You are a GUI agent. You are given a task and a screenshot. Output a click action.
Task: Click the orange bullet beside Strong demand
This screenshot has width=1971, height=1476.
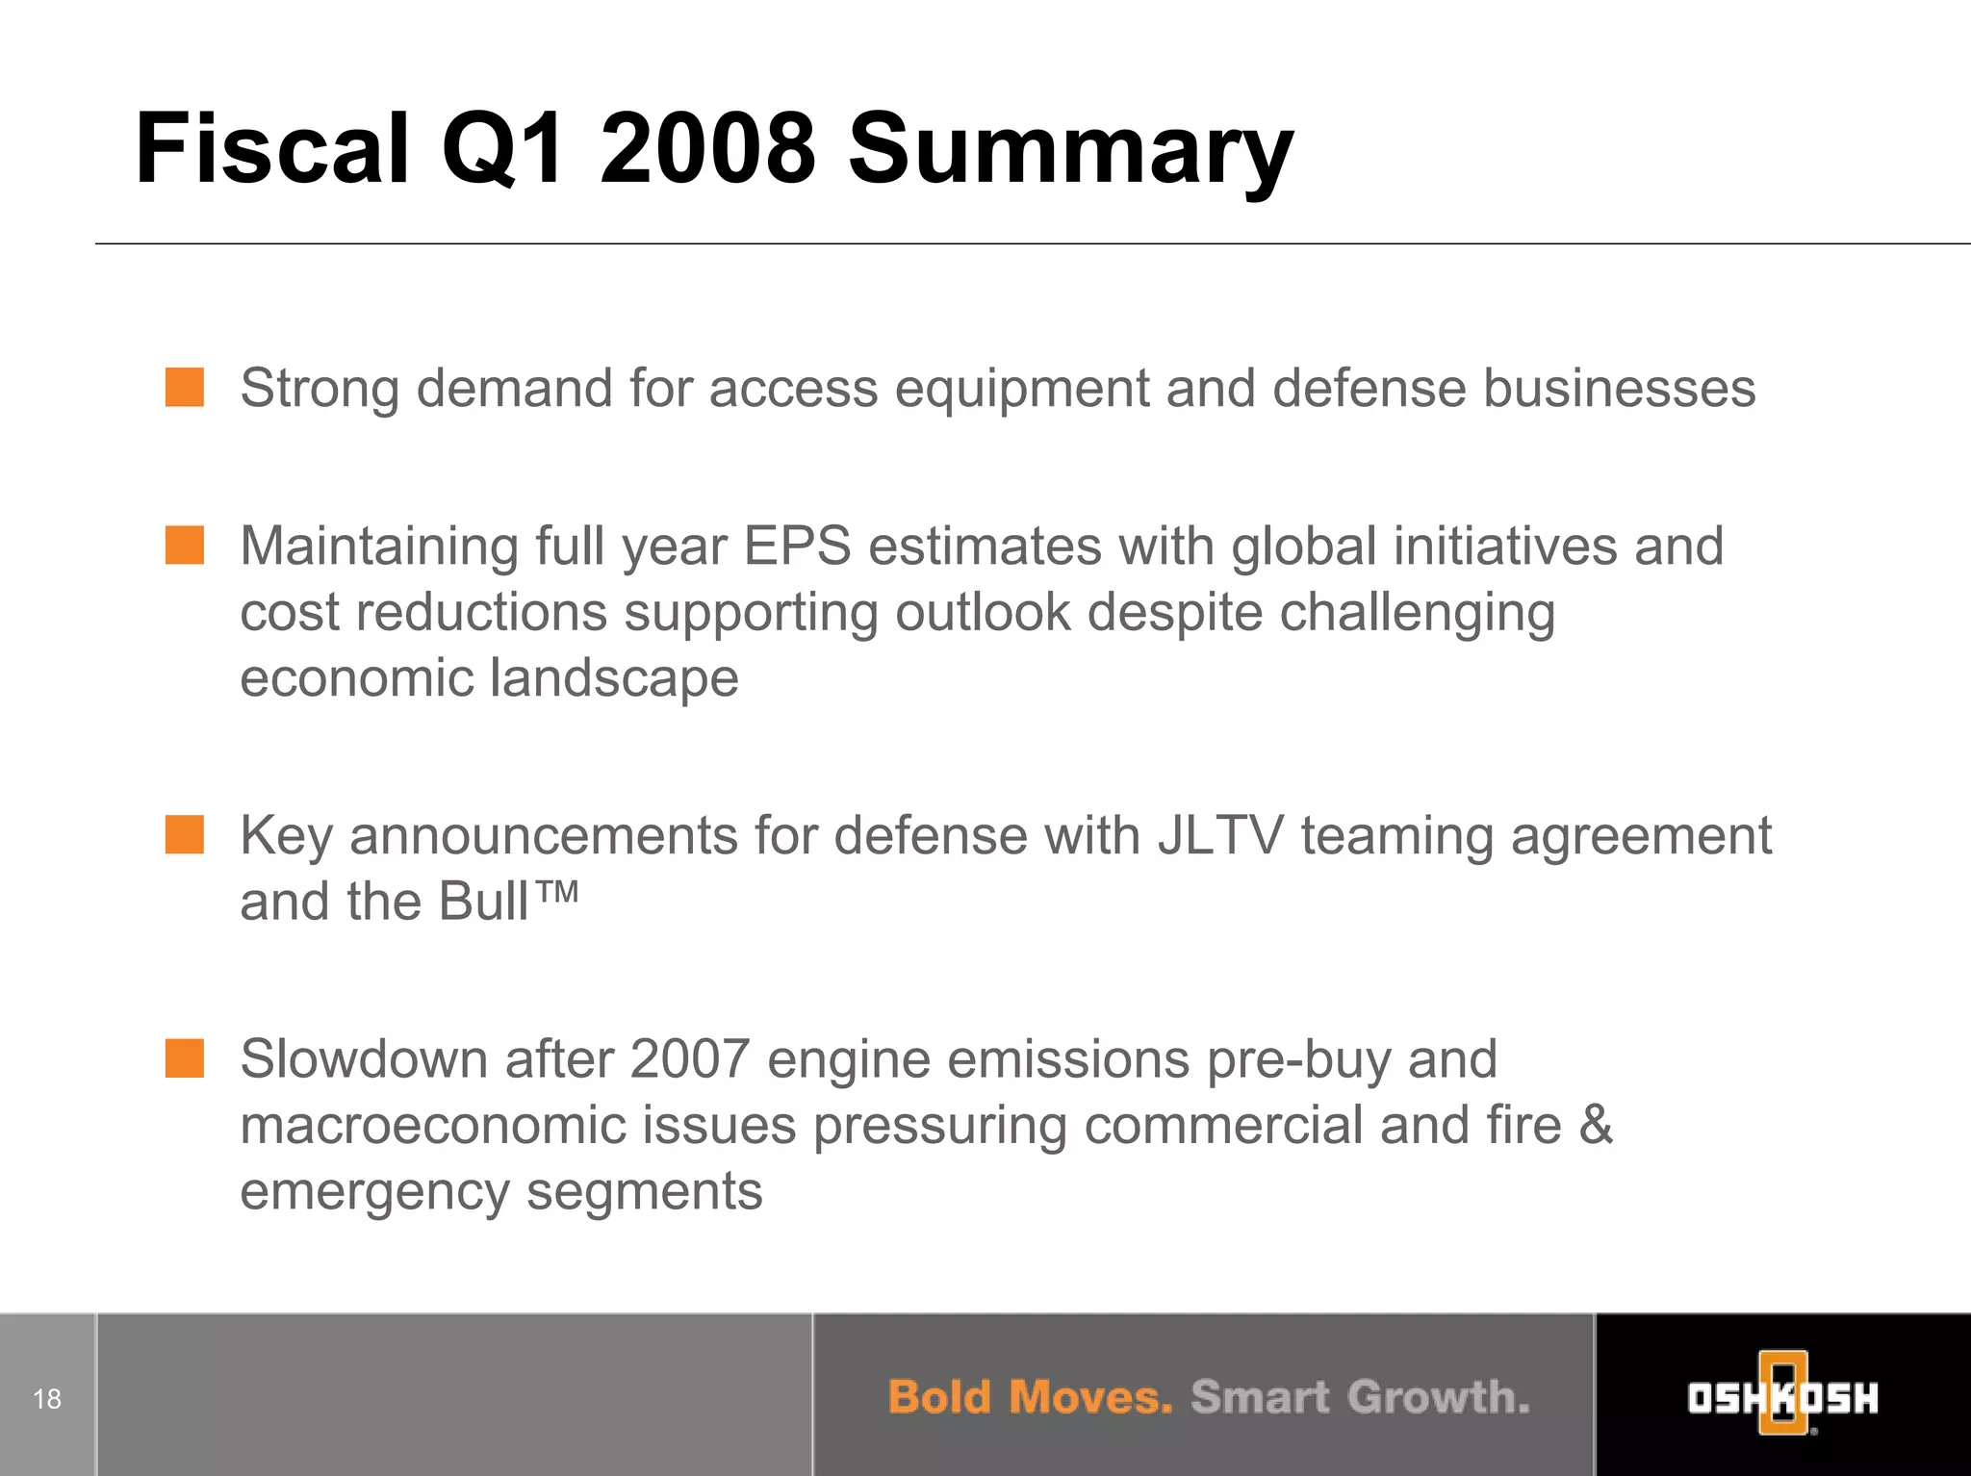click(184, 388)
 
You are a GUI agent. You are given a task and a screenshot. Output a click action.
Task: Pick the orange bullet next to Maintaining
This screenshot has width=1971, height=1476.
click(184, 545)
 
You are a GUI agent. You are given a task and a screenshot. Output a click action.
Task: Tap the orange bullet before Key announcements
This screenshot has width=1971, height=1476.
click(184, 834)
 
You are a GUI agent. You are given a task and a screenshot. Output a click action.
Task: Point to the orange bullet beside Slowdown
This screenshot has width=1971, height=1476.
click(184, 1058)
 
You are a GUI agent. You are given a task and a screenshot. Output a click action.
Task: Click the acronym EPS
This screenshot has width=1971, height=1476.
click(797, 546)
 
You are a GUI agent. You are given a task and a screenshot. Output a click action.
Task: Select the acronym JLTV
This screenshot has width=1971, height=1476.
click(1220, 835)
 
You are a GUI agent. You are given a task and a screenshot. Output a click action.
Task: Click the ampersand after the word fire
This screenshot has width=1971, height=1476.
click(1595, 1125)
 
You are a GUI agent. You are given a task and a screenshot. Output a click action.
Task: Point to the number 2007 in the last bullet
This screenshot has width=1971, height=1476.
click(689, 1059)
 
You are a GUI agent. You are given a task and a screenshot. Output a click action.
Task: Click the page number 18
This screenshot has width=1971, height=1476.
click(47, 1398)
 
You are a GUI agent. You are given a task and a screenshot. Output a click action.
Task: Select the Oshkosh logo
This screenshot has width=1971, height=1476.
click(1782, 1396)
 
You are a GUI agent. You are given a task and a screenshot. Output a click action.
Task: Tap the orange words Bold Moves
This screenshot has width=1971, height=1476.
click(1030, 1397)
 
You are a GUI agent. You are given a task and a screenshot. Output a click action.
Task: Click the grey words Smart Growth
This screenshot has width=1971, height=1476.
click(1359, 1397)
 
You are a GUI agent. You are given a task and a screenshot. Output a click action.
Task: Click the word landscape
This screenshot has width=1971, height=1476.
click(614, 678)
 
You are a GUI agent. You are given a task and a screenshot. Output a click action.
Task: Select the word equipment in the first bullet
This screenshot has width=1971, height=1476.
click(1021, 389)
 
